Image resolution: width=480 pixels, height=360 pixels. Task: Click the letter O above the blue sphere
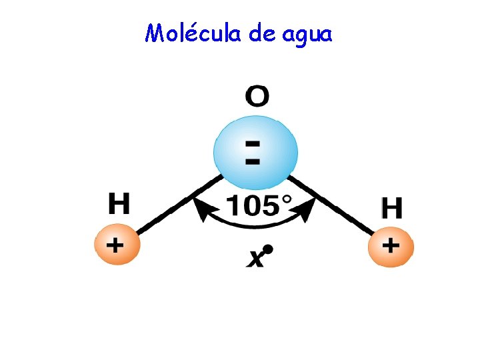pyautogui.click(x=257, y=97)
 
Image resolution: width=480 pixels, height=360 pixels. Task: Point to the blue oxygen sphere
pyautogui.click(x=254, y=152)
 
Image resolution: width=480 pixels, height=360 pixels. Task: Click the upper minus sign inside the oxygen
pyautogui.click(x=253, y=143)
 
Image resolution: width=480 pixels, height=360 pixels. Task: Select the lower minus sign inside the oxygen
pyautogui.click(x=253, y=161)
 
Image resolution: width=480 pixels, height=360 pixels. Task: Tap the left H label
pyautogui.click(x=119, y=204)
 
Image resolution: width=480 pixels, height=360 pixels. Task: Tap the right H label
pyautogui.click(x=391, y=209)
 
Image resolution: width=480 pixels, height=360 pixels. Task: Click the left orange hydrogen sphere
pyautogui.click(x=117, y=245)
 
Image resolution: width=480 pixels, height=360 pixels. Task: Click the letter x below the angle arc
pyautogui.click(x=255, y=258)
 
